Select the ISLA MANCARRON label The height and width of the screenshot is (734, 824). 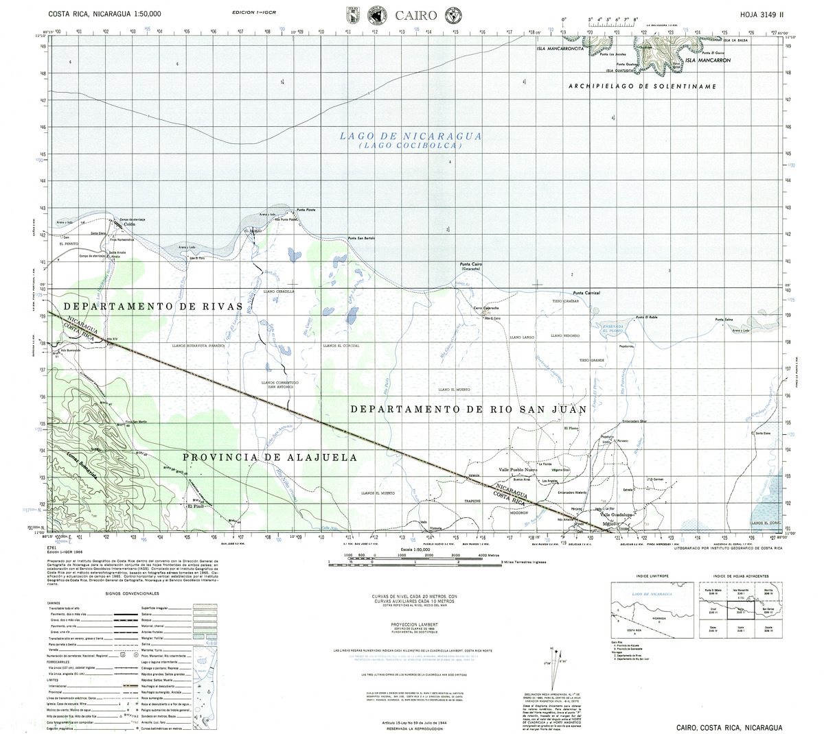[707, 60]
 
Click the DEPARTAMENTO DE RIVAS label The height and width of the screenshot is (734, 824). [152, 305]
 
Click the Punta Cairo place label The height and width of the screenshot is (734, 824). [472, 263]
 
